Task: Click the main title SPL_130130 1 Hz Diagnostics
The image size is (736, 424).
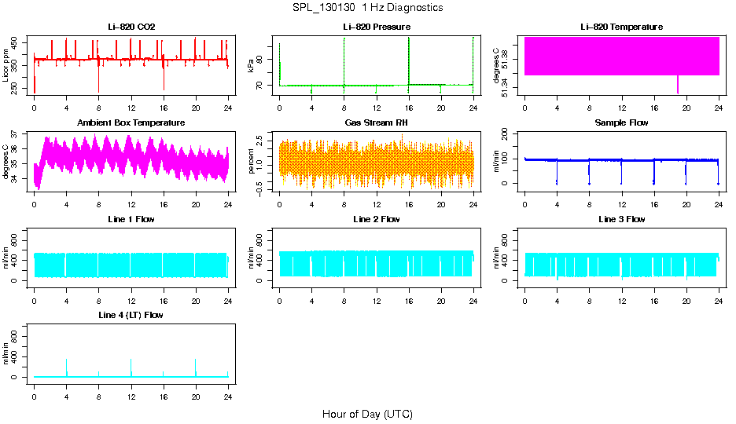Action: (367, 8)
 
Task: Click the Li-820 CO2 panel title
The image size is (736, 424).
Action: (131, 27)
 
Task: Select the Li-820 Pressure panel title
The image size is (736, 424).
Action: (376, 27)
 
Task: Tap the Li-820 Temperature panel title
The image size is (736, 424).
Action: (621, 27)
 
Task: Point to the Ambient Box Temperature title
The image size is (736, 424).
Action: (131, 122)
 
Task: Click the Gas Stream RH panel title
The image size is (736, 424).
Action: (376, 122)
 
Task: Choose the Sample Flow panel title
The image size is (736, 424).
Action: (621, 122)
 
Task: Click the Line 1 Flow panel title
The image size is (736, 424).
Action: (131, 219)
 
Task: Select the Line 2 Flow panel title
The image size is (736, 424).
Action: (376, 219)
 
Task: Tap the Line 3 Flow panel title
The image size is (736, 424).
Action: (621, 219)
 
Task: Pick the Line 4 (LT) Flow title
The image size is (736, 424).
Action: (131, 315)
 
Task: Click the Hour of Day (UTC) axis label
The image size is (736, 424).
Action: (367, 414)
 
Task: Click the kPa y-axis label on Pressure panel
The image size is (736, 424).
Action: (251, 66)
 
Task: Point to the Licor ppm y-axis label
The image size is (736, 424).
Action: (6, 66)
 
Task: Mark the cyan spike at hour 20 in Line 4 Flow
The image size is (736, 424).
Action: (196, 367)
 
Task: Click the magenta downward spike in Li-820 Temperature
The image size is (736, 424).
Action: (678, 85)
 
